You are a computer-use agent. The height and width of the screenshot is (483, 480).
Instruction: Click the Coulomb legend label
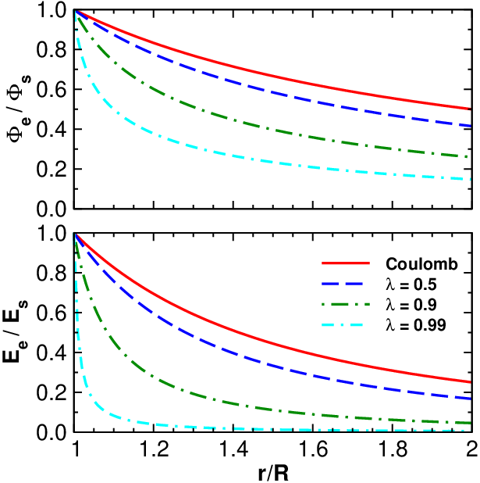click(421, 264)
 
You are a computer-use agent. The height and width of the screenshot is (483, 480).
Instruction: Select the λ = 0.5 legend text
click(411, 284)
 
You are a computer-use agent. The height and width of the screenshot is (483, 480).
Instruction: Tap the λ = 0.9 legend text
click(411, 305)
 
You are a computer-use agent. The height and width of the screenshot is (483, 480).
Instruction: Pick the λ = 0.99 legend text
click(416, 325)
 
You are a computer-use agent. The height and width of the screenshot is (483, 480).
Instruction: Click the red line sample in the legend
click(346, 263)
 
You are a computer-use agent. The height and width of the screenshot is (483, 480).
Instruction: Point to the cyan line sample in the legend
click(342, 325)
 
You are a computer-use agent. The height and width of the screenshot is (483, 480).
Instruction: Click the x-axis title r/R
click(273, 473)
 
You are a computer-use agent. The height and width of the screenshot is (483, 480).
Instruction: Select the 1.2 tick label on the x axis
click(155, 449)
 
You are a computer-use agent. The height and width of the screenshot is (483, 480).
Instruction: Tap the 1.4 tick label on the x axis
click(233, 449)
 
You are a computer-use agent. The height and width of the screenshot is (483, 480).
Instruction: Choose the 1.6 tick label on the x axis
click(313, 449)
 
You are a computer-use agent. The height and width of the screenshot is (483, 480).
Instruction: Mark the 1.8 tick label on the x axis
click(393, 449)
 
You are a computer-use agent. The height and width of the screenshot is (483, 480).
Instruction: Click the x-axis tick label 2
click(472, 449)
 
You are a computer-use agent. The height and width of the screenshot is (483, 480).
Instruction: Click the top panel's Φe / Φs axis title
click(20, 109)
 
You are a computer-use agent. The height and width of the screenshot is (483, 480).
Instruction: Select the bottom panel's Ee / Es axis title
click(16, 331)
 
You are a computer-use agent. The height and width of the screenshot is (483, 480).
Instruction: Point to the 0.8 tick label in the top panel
click(52, 49)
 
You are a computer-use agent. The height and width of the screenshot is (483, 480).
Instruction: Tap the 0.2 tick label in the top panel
click(52, 170)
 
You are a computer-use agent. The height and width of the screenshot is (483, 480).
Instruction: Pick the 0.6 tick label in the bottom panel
click(52, 313)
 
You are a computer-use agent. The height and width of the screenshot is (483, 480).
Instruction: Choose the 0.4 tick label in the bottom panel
click(52, 353)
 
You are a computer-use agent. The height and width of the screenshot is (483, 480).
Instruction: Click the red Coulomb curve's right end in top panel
click(471, 109)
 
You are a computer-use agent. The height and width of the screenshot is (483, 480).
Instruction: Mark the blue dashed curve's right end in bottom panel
click(471, 399)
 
